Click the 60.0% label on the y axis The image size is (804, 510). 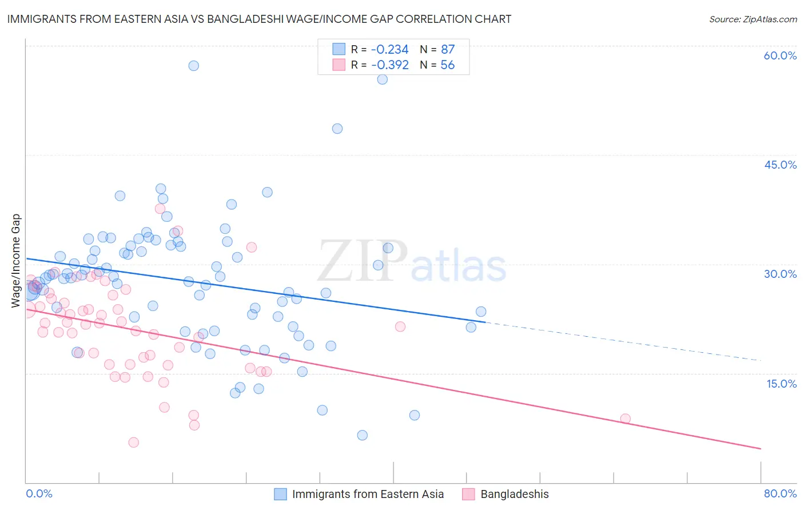click(780, 55)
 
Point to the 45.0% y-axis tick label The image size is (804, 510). click(780, 165)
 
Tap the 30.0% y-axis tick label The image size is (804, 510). click(780, 274)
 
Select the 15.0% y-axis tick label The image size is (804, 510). click(781, 384)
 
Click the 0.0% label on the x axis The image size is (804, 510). click(39, 493)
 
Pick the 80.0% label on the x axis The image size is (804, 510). click(780, 493)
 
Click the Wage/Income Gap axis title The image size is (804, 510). click(16, 261)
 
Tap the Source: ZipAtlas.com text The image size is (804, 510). click(753, 19)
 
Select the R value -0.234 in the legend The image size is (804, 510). click(389, 49)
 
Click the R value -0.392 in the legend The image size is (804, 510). click(389, 65)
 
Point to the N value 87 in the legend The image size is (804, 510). click(447, 49)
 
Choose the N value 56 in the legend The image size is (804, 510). click(447, 65)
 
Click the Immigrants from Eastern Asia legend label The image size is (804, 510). click(368, 494)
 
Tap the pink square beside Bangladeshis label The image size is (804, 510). click(468, 494)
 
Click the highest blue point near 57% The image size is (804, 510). click(194, 66)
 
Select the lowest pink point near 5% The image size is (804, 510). click(134, 442)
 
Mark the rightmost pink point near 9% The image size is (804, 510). click(625, 419)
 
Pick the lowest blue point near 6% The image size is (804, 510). click(362, 435)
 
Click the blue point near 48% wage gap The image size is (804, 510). click(337, 129)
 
